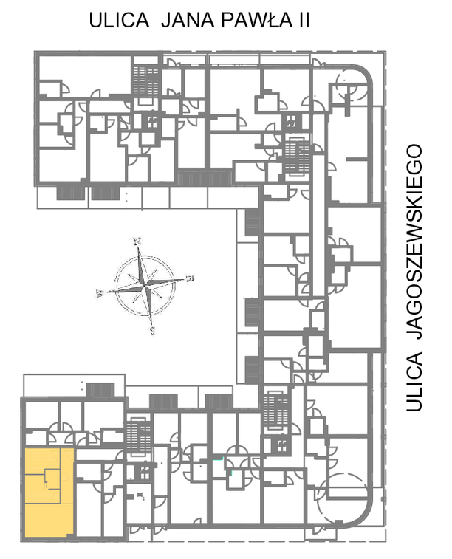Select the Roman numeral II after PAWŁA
[x=304, y=20]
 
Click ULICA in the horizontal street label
[x=119, y=20]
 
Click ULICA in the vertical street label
[x=414, y=382]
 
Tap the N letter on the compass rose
[x=137, y=241]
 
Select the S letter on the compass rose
[x=153, y=331]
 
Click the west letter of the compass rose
[x=100, y=294]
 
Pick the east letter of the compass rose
[x=190, y=278]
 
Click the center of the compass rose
[x=145, y=286]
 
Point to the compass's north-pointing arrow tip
[x=138, y=247]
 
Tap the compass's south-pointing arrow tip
[x=151, y=325]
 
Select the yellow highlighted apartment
[x=49, y=493]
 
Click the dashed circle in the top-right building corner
[x=351, y=85]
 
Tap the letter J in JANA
[x=166, y=20]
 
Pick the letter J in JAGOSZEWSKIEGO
[x=414, y=334]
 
